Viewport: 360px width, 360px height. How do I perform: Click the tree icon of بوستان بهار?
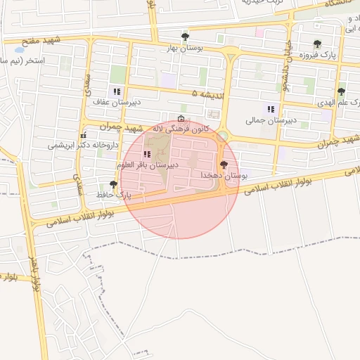coord(185,37)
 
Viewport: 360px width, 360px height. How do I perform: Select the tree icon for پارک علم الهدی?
coord(341,91)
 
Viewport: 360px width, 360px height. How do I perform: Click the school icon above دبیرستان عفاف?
coord(116,91)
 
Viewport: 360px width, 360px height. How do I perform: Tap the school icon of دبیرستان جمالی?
coord(271,109)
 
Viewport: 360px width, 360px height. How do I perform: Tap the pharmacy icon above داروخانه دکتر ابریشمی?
coord(84,134)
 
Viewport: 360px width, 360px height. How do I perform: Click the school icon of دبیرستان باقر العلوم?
coord(147,154)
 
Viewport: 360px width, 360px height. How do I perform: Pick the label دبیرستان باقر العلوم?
coord(148,165)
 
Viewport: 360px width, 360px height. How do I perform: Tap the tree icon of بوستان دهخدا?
coord(224,164)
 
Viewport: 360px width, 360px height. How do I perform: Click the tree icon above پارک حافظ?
coord(113,184)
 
